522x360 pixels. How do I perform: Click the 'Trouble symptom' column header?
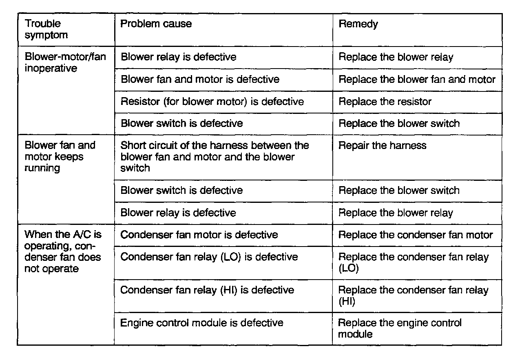pyautogui.click(x=46, y=29)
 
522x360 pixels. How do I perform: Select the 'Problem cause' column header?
pyautogui.click(x=156, y=24)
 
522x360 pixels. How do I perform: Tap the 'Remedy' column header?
pyautogui.click(x=358, y=24)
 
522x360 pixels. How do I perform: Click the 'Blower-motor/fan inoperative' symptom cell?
pyautogui.click(x=65, y=62)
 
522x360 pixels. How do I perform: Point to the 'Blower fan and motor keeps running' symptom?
pyautogui.click(x=60, y=157)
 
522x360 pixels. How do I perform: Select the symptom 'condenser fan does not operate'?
pyautogui.click(x=63, y=252)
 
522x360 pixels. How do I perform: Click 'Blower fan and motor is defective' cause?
pyautogui.click(x=200, y=79)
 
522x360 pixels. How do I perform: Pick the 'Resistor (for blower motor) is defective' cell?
pyautogui.click(x=212, y=101)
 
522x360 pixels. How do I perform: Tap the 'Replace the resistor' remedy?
pyautogui.click(x=385, y=101)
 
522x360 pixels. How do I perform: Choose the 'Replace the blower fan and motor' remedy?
pyautogui.click(x=417, y=79)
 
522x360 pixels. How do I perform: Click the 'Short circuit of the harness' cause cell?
pyautogui.click(x=215, y=157)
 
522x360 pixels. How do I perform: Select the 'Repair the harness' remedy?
pyautogui.click(x=382, y=146)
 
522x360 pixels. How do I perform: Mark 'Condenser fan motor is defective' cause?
pyautogui.click(x=199, y=235)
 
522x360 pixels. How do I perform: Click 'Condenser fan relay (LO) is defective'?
pyautogui.click(x=209, y=257)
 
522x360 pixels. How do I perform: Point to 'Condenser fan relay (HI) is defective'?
pyautogui.click(x=207, y=290)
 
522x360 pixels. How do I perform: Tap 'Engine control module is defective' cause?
pyautogui.click(x=201, y=323)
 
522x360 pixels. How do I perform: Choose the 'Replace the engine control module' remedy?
pyautogui.click(x=400, y=328)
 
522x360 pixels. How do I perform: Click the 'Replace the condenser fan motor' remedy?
pyautogui.click(x=416, y=235)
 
